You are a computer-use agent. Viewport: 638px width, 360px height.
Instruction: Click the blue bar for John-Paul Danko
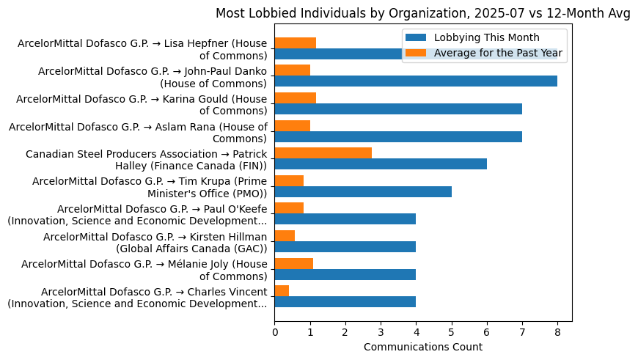click(416, 81)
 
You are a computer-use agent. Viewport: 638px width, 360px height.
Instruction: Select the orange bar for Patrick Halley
click(323, 153)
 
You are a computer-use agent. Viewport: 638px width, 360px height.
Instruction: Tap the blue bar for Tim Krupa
click(363, 191)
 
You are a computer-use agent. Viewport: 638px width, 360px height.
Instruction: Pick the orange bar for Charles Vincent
click(282, 291)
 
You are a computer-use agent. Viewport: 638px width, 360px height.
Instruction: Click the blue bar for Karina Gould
click(398, 109)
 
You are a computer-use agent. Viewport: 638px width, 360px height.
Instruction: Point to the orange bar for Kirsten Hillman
click(285, 235)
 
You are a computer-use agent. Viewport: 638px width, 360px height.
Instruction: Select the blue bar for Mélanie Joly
click(345, 274)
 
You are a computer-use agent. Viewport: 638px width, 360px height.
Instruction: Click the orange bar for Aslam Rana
click(292, 125)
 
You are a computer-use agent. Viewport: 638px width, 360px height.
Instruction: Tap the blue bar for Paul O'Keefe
click(345, 219)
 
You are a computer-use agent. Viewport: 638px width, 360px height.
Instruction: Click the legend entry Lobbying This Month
click(486, 38)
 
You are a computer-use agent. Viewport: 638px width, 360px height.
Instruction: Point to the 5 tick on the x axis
click(452, 322)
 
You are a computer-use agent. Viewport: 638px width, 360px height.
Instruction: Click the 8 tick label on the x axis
click(557, 333)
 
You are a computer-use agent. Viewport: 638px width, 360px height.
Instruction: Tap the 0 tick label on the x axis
click(274, 333)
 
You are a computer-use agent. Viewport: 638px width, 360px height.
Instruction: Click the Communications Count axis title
click(423, 347)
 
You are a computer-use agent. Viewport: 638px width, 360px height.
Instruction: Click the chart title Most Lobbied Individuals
click(422, 13)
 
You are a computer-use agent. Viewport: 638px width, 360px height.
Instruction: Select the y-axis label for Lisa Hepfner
click(143, 50)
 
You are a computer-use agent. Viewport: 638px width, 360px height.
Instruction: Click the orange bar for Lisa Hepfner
click(295, 43)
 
